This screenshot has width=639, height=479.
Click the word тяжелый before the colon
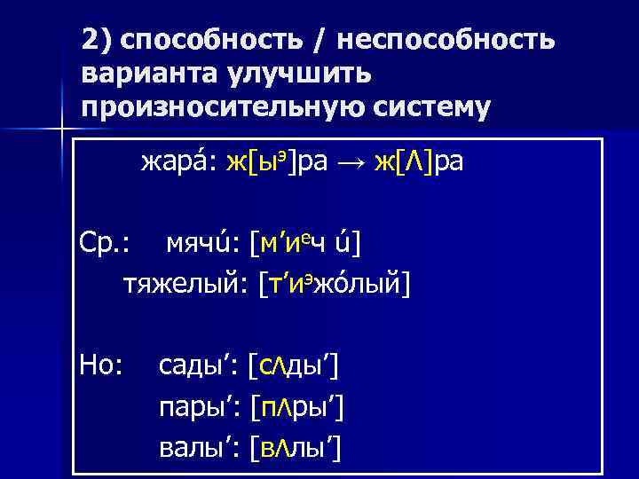(182, 284)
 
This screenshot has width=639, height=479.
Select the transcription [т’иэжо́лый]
(335, 284)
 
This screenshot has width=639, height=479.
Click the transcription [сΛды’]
(296, 364)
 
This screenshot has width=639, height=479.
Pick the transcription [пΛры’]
(297, 407)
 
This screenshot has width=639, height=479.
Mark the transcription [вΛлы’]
(297, 449)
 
